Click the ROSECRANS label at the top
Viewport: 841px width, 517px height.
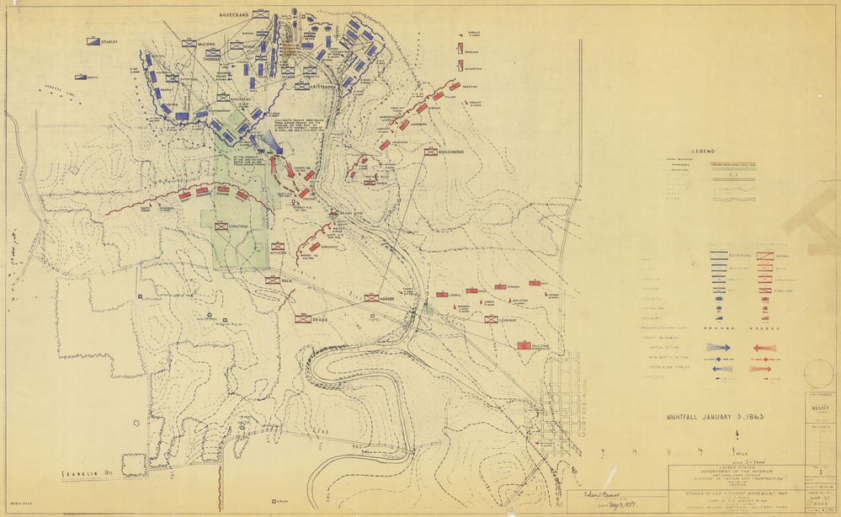(x=235, y=15)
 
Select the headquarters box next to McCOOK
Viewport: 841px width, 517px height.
(x=189, y=43)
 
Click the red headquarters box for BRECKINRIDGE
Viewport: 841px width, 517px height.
(x=431, y=152)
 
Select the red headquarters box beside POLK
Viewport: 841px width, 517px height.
(x=273, y=280)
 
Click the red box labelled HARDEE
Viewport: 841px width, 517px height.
(x=371, y=298)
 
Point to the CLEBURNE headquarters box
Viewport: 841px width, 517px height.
(x=491, y=319)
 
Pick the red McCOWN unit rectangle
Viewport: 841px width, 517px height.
(x=524, y=345)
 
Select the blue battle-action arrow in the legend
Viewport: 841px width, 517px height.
(x=721, y=347)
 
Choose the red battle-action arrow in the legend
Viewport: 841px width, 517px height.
(x=764, y=347)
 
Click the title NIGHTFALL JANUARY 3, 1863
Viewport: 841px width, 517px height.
(x=715, y=415)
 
